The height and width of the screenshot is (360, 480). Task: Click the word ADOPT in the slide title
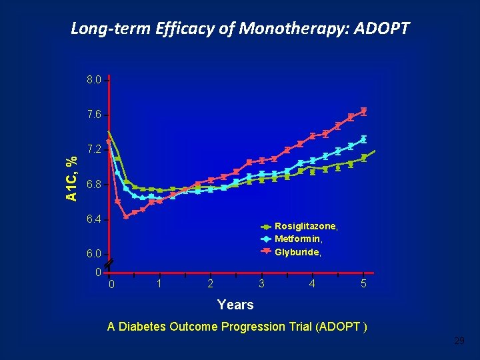381,29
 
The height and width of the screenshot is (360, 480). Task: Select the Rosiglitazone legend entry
299,227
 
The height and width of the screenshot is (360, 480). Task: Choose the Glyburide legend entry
291,252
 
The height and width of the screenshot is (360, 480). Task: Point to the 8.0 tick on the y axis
94,80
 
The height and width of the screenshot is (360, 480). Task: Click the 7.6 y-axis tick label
94,115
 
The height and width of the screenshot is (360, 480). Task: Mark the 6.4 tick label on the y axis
94,219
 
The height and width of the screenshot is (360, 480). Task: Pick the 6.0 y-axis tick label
94,254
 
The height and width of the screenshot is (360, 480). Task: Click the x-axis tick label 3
261,284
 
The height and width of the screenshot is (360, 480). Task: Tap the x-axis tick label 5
363,284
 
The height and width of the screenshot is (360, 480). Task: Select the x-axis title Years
235,305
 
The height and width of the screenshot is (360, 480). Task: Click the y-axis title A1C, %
71,179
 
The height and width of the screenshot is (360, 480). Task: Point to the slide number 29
459,341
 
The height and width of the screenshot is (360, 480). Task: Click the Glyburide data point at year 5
364,111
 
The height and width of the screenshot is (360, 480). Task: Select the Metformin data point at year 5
364,139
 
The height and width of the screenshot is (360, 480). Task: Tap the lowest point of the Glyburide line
126,217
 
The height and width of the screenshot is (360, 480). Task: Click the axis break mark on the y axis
109,265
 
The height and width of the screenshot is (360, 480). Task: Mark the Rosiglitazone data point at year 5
364,158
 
